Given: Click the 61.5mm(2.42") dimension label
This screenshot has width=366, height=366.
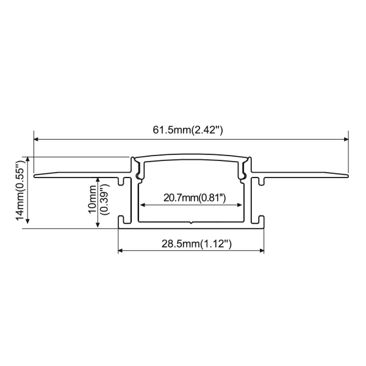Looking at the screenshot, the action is [x=188, y=130].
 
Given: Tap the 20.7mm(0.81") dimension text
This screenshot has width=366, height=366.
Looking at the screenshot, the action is [x=195, y=198].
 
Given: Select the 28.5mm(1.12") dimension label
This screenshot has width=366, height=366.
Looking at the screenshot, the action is [x=196, y=244].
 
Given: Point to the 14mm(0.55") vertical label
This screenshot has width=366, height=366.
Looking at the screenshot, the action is [x=20, y=190].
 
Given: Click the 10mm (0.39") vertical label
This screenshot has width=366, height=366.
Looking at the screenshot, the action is [x=98, y=199].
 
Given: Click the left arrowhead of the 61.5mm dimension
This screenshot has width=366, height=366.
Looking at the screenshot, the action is [x=37, y=139].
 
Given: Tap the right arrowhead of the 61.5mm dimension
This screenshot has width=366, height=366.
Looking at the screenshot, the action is [x=346, y=139].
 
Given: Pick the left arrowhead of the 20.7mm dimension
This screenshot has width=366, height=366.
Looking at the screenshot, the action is [x=143, y=205].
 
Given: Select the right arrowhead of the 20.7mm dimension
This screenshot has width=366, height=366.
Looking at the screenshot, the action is [x=239, y=205].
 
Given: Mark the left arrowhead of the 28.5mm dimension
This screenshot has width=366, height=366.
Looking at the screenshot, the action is [x=120, y=251].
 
